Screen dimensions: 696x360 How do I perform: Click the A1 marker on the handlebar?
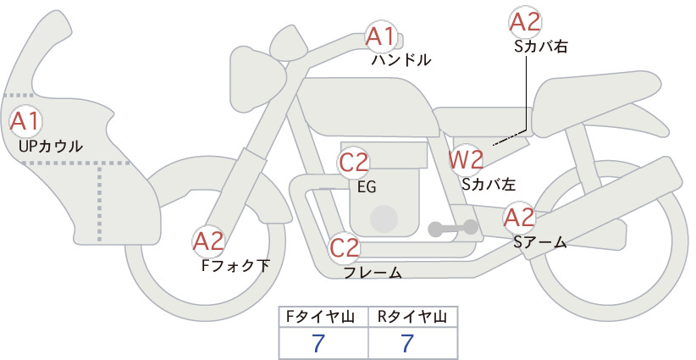click(x=380, y=36)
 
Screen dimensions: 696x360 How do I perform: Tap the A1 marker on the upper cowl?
click(x=25, y=121)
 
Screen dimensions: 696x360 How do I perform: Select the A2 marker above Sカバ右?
click(x=525, y=22)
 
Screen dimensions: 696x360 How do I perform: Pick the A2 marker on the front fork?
click(x=208, y=242)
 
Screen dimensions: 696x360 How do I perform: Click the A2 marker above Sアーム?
click(x=519, y=218)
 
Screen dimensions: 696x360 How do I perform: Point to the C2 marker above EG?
click(x=354, y=163)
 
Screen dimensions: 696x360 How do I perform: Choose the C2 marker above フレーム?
click(x=344, y=247)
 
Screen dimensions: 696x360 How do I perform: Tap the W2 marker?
click(x=466, y=160)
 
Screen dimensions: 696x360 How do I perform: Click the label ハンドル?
click(x=401, y=59)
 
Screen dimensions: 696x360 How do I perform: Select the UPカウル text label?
click(x=51, y=146)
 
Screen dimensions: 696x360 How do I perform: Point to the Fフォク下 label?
click(x=235, y=265)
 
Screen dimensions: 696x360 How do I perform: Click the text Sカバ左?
click(x=489, y=184)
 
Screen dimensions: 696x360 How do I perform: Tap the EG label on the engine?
click(x=367, y=187)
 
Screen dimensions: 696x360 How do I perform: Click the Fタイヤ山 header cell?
click(x=323, y=317)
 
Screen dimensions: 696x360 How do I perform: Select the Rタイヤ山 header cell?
click(x=413, y=317)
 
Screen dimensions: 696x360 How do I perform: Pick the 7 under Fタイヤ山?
click(x=318, y=343)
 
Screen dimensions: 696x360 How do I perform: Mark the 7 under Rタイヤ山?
click(x=407, y=343)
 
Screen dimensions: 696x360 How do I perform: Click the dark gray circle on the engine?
click(x=384, y=219)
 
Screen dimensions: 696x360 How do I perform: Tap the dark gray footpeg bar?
click(x=453, y=228)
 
